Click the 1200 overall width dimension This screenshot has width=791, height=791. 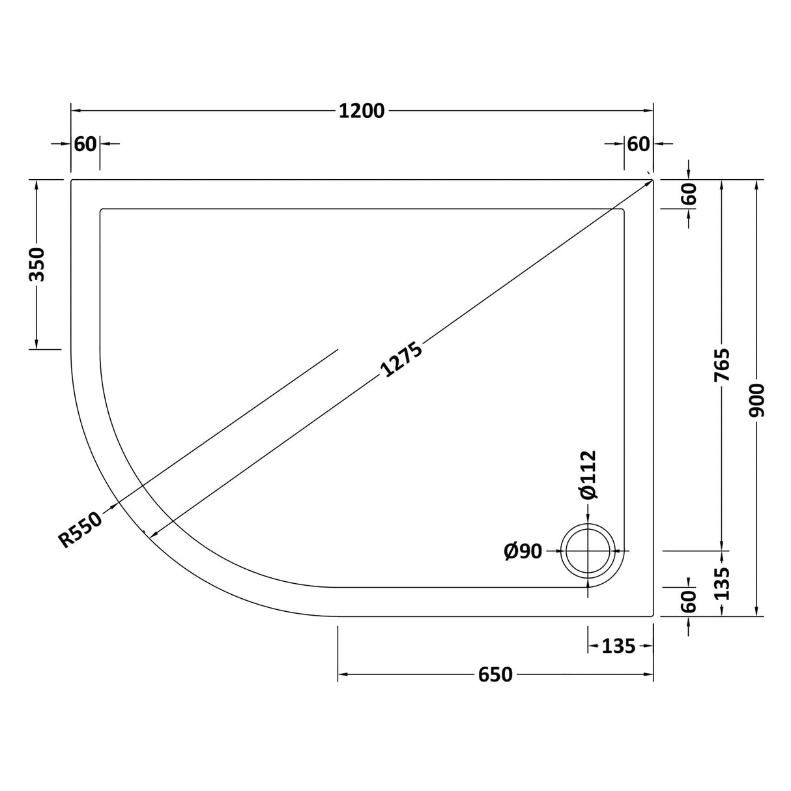coord(362,111)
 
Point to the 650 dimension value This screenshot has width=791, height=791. coord(495,675)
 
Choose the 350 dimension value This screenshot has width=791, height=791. coord(37,265)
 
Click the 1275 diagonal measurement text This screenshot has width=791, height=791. coord(402,360)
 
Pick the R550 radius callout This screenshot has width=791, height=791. coord(81,529)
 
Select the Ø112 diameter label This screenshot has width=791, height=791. coord(588,475)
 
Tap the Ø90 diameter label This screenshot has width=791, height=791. coord(523,551)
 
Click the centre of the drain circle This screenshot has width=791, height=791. coord(588,551)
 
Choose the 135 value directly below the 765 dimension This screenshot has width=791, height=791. coord(721,583)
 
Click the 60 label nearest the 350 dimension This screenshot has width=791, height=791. coord(85,144)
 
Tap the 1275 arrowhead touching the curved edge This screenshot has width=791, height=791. coord(154,534)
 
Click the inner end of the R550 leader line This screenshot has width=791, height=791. coord(338,350)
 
